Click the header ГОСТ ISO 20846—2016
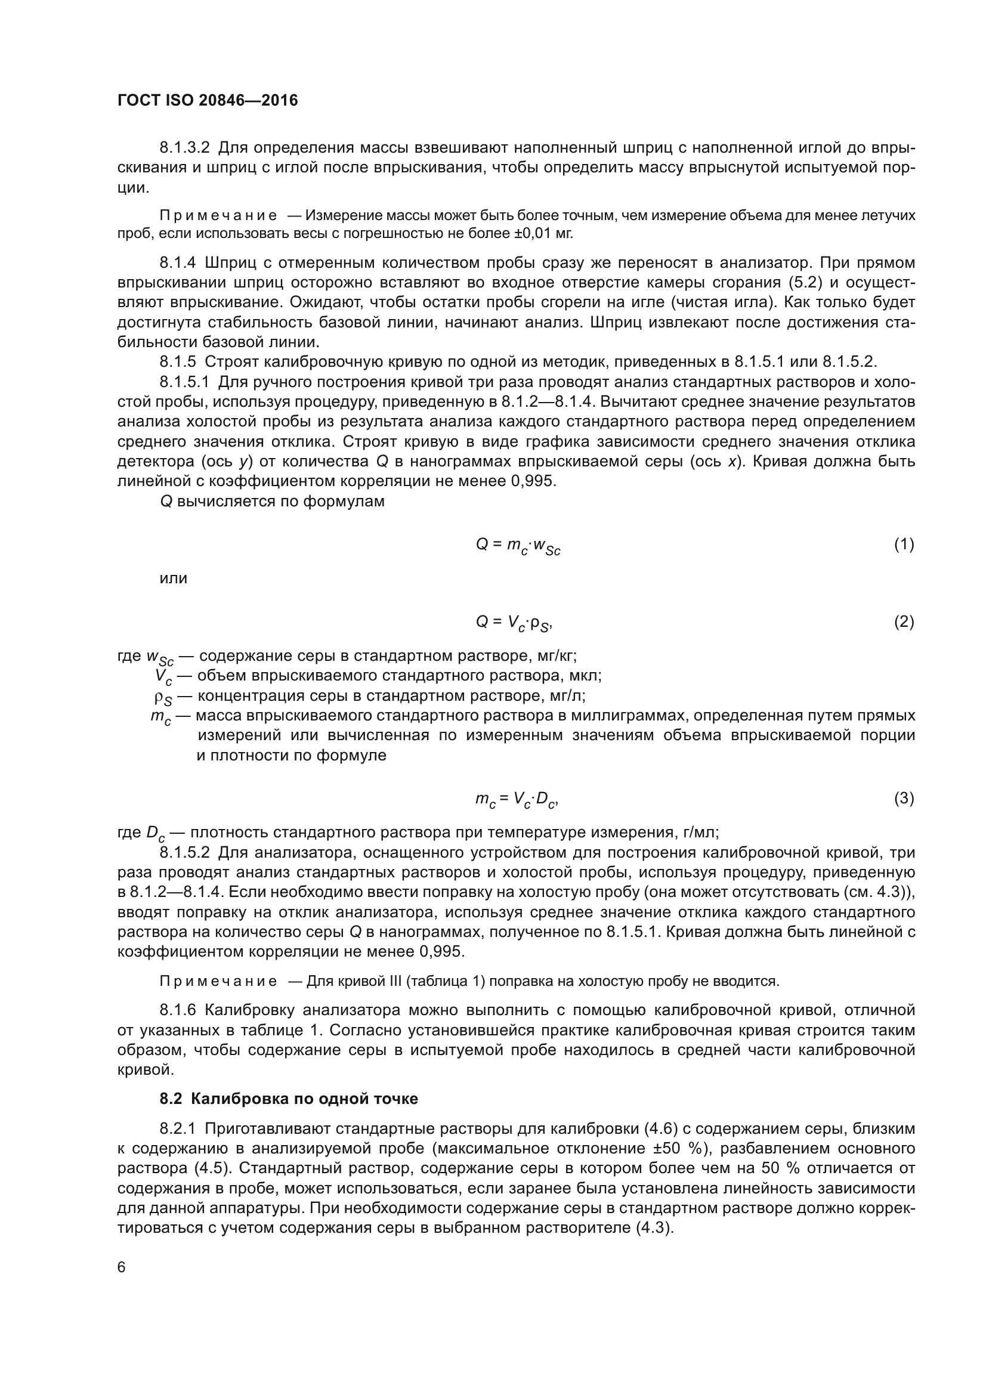[x=207, y=100]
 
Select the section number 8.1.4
[x=177, y=263]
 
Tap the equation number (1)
[x=903, y=545]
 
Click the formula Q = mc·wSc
[x=518, y=546]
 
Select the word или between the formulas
[x=173, y=579]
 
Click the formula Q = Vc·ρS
[x=514, y=622]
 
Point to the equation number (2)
[x=903, y=621]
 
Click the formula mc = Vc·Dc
[x=517, y=799]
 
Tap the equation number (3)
[x=903, y=799]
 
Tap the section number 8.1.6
[x=177, y=1010]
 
